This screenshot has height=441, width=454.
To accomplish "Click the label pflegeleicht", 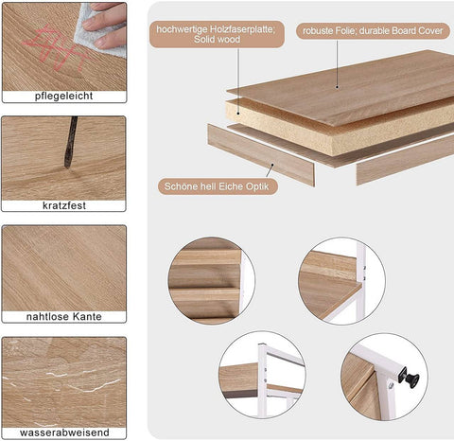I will (x=64, y=97).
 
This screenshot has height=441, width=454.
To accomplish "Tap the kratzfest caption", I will (x=64, y=205).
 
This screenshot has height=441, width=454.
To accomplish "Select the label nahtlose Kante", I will (x=64, y=316).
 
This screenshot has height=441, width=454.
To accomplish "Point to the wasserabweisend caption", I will (x=64, y=432).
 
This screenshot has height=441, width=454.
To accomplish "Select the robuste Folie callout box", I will (x=373, y=31).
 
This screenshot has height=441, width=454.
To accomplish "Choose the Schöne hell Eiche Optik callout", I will (x=218, y=186).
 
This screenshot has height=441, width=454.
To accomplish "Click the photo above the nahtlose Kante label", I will (x=64, y=266).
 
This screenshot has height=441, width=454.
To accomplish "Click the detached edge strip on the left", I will (x=260, y=154).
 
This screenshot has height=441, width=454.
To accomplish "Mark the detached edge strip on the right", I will (x=405, y=161).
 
